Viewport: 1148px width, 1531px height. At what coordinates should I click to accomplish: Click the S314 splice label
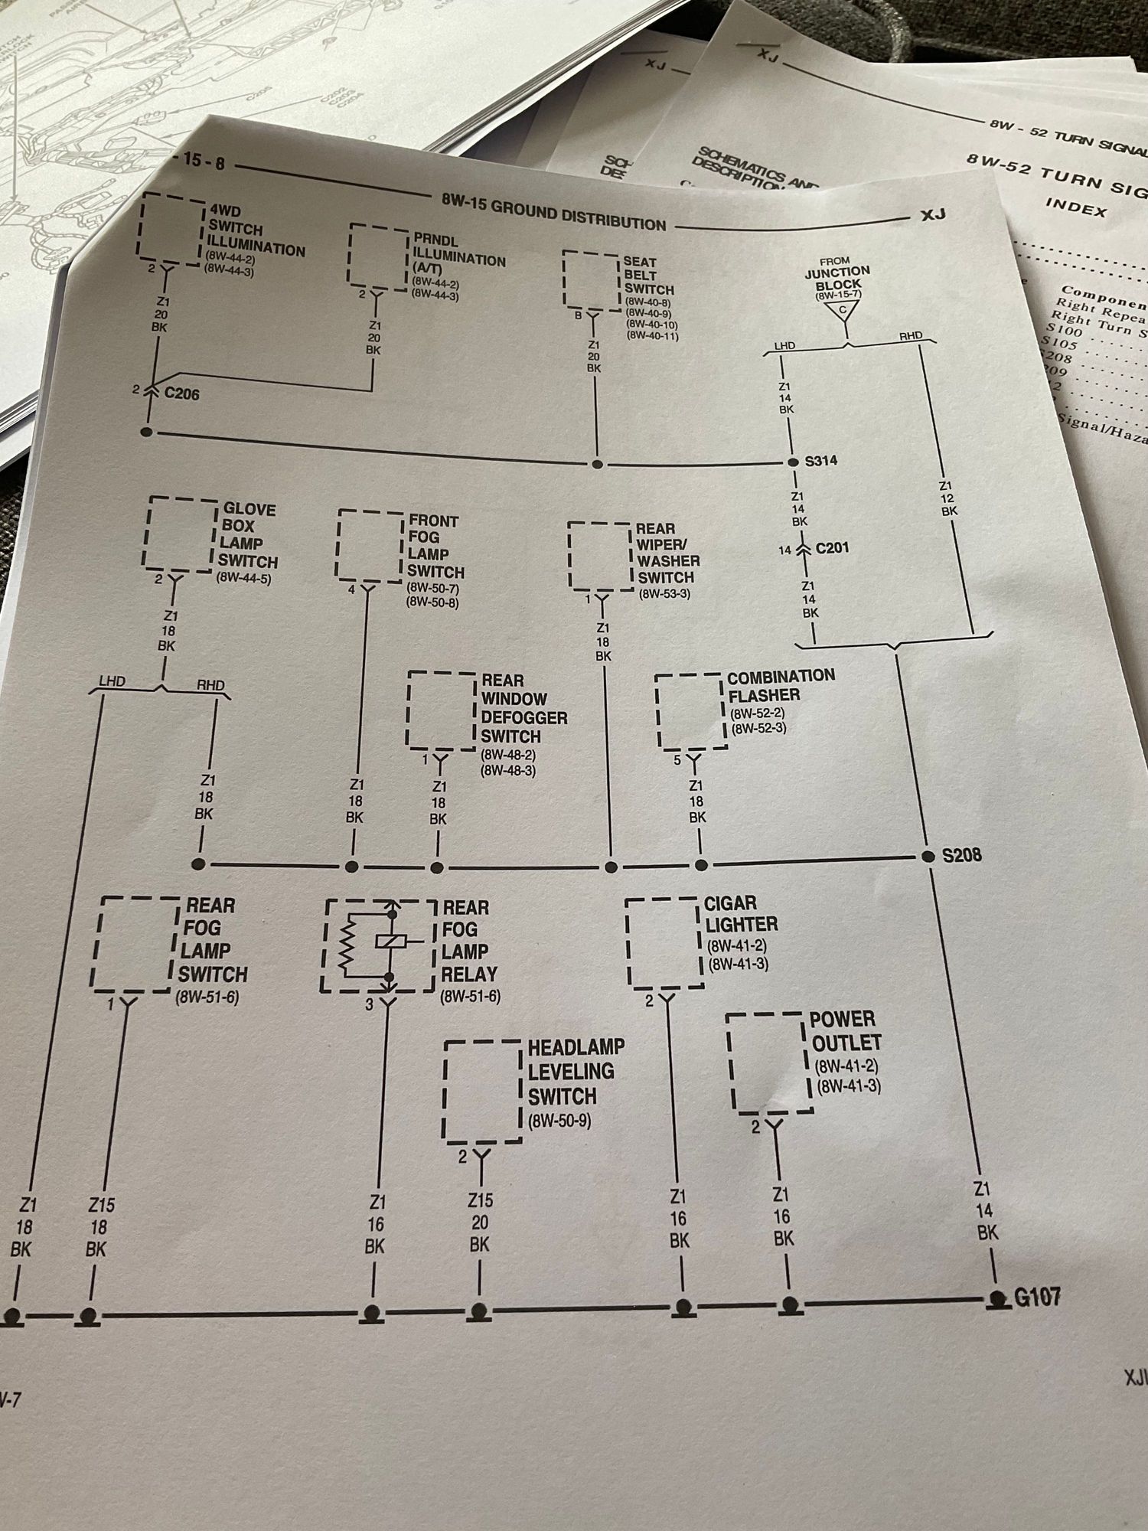coord(820,461)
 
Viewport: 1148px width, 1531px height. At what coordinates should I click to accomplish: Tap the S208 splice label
coord(961,854)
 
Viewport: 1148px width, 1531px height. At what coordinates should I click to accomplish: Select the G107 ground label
coord(1037,1297)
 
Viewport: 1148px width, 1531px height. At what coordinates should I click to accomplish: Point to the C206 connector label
coord(182,393)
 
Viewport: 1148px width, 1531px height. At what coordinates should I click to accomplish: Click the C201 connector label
coord(832,548)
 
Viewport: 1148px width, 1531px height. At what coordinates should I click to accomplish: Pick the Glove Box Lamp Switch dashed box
coord(180,534)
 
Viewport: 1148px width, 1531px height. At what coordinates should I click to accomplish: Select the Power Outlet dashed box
coord(768,1063)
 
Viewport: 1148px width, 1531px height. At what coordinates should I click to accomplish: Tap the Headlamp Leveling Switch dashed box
coord(482,1091)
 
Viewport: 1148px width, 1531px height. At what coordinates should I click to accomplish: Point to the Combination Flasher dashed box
coord(690,712)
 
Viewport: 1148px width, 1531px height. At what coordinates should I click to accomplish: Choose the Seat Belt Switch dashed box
coord(592,280)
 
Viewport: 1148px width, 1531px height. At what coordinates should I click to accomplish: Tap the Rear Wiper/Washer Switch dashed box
coord(601,557)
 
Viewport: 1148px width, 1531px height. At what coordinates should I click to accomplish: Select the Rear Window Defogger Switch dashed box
coord(442,711)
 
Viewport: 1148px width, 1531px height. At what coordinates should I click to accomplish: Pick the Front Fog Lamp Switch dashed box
coord(370,544)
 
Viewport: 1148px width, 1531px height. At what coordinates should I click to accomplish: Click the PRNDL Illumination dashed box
coord(378,258)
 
